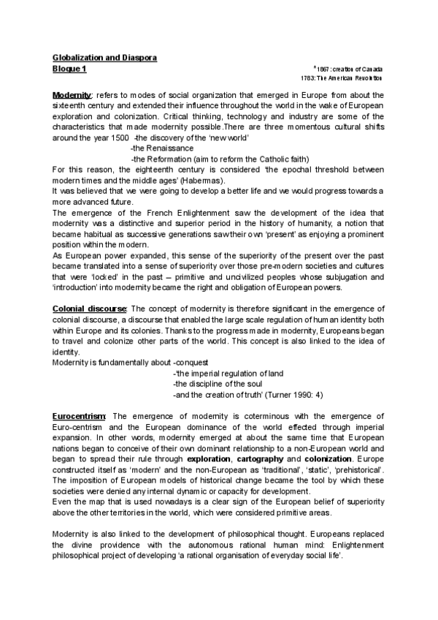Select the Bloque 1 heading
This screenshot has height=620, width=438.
tap(69, 67)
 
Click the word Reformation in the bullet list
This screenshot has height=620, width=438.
tap(167, 159)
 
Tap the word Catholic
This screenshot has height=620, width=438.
tap(270, 159)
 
